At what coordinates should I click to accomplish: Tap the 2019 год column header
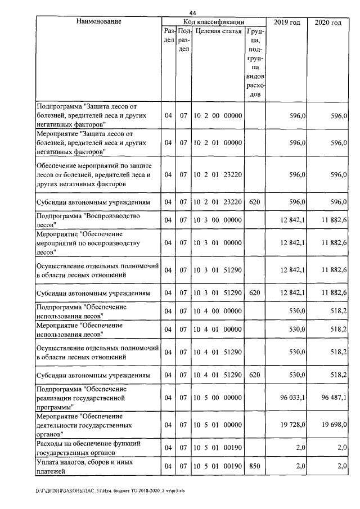tap(286, 22)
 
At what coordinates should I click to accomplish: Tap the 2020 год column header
tap(328, 22)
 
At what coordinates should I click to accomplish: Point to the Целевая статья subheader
tap(218, 31)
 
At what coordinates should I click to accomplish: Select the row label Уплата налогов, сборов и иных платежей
tap(84, 467)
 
